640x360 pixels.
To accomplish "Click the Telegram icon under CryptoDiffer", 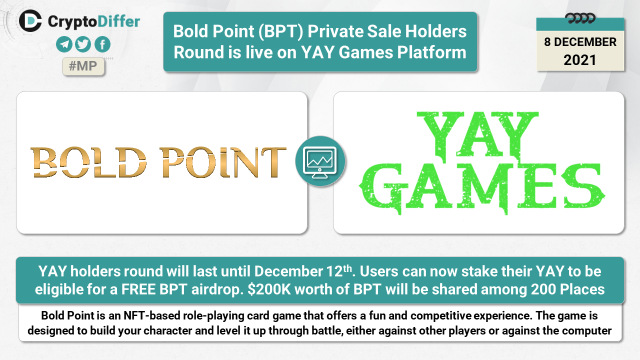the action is (x=64, y=44).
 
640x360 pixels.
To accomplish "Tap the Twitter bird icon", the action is (x=83, y=44).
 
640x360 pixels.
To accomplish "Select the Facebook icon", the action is (x=102, y=44).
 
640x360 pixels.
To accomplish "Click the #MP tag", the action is (x=83, y=66).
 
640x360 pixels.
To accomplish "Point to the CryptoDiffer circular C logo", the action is (x=30, y=21).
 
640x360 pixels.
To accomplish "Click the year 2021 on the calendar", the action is (x=580, y=60).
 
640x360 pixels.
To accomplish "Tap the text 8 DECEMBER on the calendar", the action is (x=580, y=42).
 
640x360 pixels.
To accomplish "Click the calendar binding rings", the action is (x=580, y=18).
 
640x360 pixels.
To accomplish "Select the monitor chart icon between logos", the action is (x=320, y=161).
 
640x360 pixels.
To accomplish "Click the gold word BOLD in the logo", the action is (x=88, y=162).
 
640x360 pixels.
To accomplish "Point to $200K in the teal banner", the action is (x=269, y=289).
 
